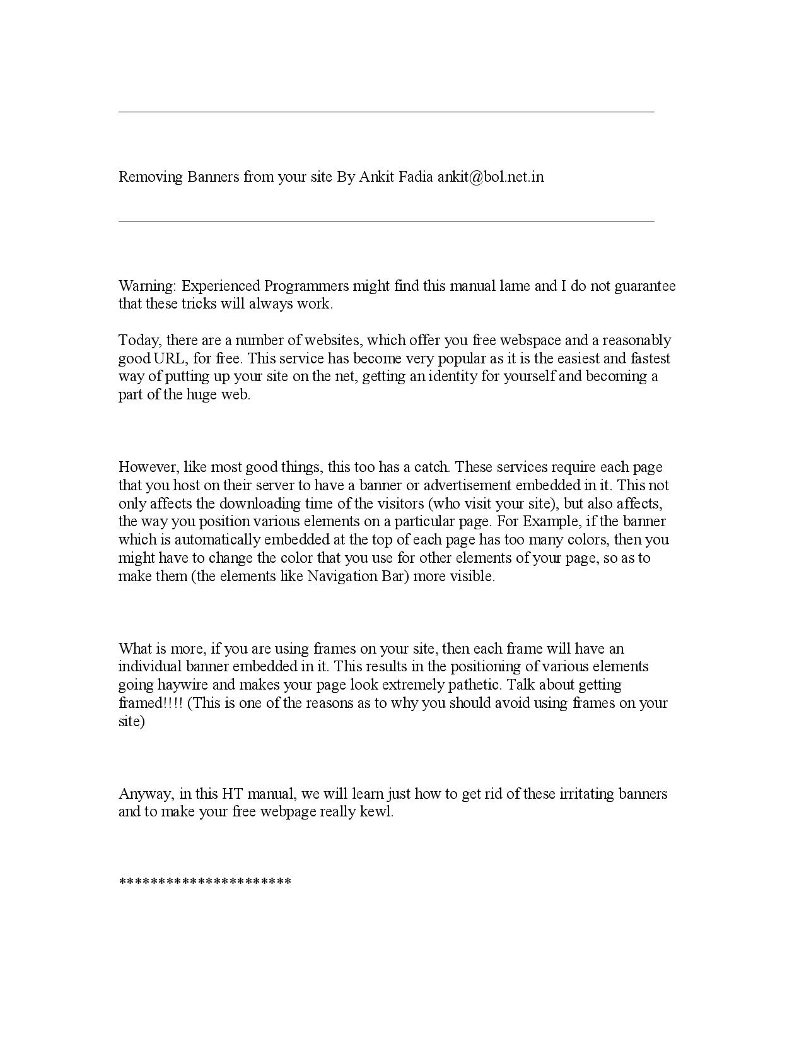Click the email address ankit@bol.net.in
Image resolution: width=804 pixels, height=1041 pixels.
(490, 177)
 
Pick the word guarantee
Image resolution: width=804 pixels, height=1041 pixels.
(645, 286)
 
